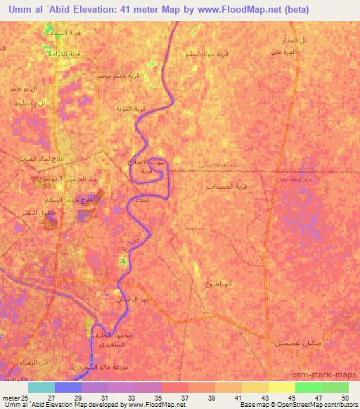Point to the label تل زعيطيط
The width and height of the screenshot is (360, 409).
[x=30, y=103]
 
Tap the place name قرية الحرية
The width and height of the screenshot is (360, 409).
[x=130, y=109]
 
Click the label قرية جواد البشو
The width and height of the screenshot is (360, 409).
[x=205, y=53]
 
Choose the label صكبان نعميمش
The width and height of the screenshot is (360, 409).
[x=295, y=342]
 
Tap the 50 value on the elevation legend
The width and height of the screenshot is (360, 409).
[x=344, y=398]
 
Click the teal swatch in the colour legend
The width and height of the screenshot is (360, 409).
[x=41, y=387]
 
